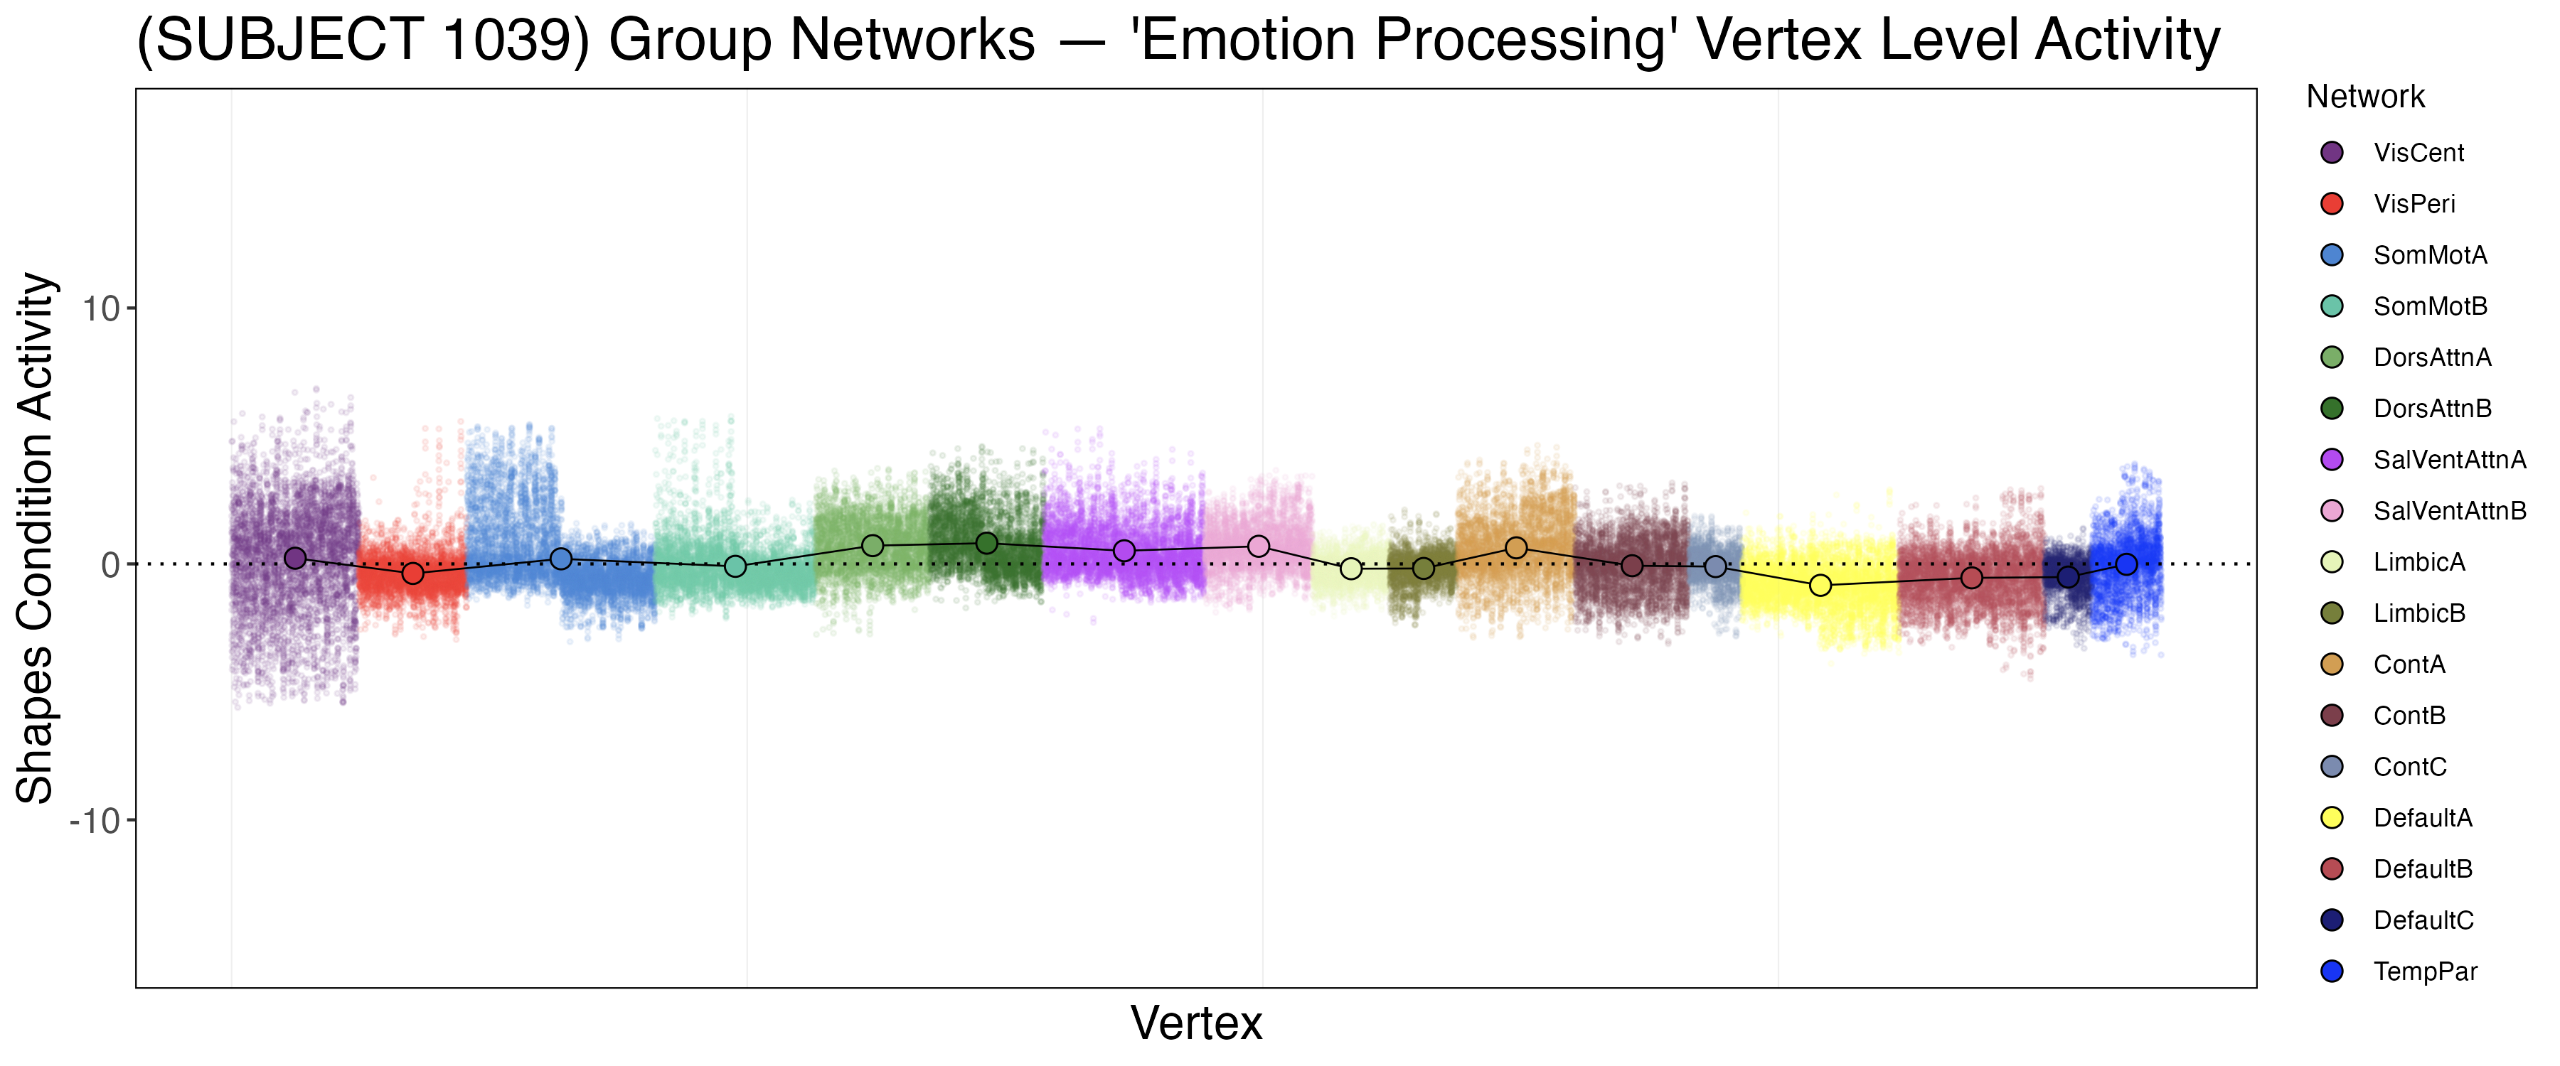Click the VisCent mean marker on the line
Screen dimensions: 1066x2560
point(295,559)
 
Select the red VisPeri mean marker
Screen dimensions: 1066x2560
point(412,574)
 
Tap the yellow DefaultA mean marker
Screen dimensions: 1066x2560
point(1820,585)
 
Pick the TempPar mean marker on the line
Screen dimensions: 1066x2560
point(2127,564)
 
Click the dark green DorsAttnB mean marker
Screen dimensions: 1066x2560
point(987,544)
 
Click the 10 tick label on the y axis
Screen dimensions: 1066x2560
point(100,309)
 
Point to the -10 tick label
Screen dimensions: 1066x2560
point(95,822)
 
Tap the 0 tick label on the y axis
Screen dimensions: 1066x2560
point(110,565)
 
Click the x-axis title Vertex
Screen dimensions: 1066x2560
point(1197,1023)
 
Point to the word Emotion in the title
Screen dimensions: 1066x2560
point(1245,42)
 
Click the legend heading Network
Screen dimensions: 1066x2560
point(2365,97)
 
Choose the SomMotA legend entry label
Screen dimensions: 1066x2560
point(2430,255)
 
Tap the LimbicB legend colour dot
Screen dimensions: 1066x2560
point(2332,614)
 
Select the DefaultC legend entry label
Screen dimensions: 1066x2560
point(2423,921)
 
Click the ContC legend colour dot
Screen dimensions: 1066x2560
point(2332,767)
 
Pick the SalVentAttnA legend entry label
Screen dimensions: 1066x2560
point(2448,460)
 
